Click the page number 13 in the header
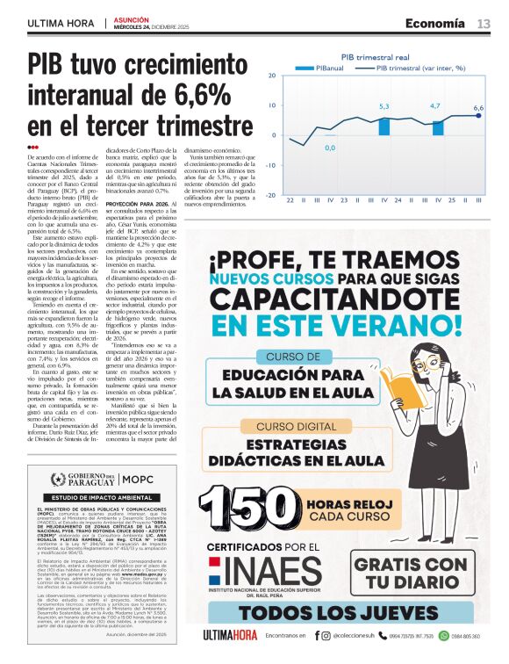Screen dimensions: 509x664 coord(484,24)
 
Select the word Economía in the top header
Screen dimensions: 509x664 coord(435,24)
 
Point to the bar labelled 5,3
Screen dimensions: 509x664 coord(384,126)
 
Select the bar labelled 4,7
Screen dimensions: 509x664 coord(437,127)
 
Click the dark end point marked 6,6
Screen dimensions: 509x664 coord(478,116)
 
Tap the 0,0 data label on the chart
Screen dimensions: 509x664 coord(330,148)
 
